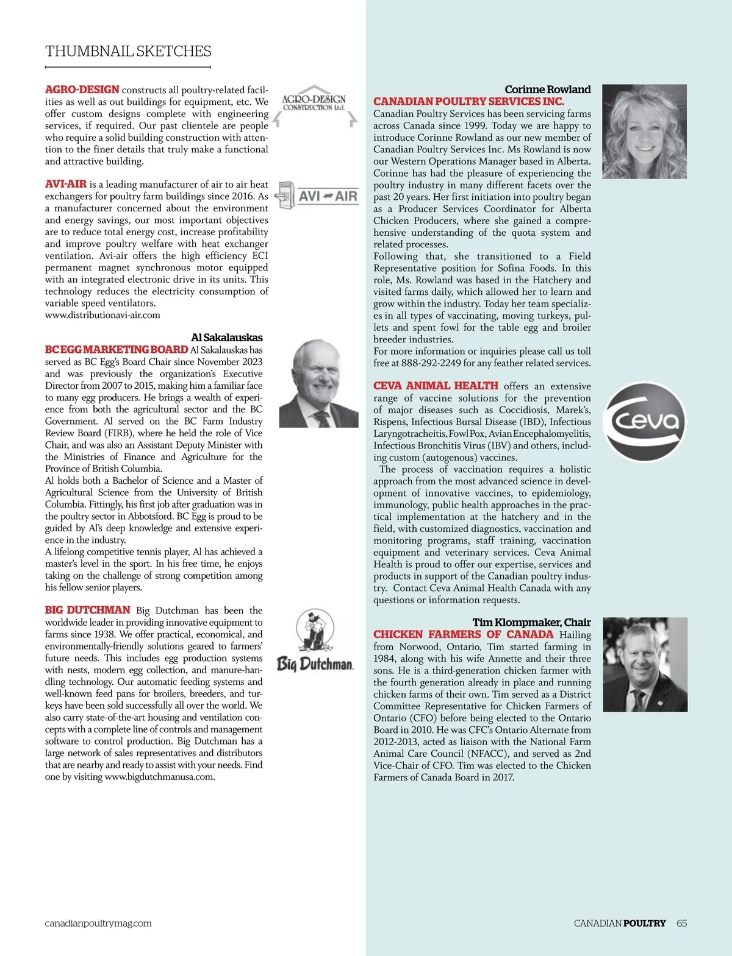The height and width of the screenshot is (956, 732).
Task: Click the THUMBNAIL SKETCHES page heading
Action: (x=128, y=51)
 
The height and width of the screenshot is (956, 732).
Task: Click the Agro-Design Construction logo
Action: (x=314, y=105)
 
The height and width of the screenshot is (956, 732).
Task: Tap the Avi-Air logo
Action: (x=316, y=196)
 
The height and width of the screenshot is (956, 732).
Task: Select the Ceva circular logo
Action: (x=644, y=421)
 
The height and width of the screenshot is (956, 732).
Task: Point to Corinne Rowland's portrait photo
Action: (x=644, y=132)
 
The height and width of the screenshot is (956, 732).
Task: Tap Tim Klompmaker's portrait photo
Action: (x=645, y=665)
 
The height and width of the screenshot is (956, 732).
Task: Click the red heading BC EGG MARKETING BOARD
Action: (x=117, y=350)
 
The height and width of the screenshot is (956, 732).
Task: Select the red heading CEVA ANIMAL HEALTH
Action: (x=436, y=386)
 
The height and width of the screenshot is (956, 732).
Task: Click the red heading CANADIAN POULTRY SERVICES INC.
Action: (x=468, y=101)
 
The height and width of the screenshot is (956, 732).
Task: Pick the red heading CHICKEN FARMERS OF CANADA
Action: (x=463, y=634)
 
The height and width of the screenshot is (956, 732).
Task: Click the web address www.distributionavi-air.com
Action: (x=102, y=315)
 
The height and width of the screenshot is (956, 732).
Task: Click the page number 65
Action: (x=681, y=923)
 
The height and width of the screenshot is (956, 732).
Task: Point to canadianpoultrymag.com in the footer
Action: (x=98, y=923)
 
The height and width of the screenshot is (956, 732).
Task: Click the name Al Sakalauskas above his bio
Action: (x=226, y=338)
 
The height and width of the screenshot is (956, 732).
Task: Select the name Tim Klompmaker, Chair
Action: (x=531, y=622)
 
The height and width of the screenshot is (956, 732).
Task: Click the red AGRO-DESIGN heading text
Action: (x=82, y=90)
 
